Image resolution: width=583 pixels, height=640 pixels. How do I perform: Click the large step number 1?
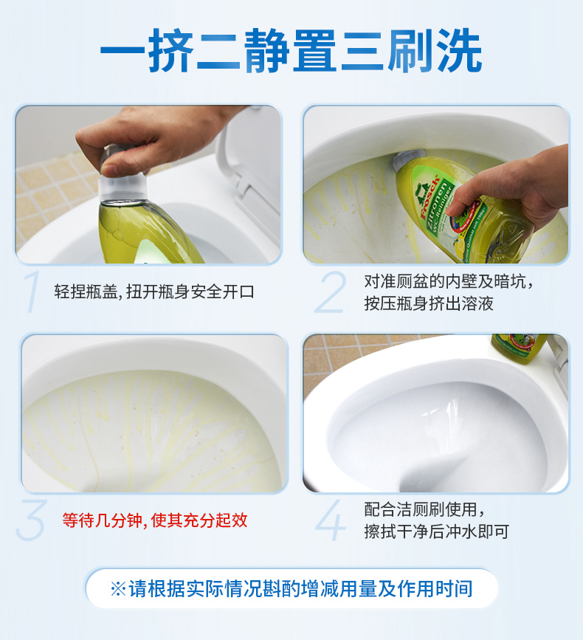click(32, 292)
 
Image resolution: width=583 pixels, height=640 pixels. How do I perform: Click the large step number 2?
click(331, 292)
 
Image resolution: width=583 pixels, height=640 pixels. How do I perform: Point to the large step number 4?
click(331, 520)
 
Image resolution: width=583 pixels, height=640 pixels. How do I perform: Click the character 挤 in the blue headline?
click(170, 51)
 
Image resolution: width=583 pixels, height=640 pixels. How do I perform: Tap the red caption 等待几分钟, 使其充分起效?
click(155, 520)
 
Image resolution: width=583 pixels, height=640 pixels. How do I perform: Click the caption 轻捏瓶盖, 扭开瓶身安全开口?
click(154, 292)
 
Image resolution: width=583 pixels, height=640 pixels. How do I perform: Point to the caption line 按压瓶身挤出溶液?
click(428, 303)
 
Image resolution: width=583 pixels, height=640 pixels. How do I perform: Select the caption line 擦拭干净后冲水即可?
click(437, 531)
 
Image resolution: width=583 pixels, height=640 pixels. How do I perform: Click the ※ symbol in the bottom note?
click(118, 588)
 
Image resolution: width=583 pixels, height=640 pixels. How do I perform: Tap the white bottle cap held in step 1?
click(123, 187)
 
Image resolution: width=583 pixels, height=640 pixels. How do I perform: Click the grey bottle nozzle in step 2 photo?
click(408, 160)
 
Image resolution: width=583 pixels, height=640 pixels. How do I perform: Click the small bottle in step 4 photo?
click(518, 348)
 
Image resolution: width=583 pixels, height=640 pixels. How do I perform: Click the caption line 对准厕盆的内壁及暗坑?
click(448, 281)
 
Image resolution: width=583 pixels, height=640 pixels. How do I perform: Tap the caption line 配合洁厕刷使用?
click(424, 509)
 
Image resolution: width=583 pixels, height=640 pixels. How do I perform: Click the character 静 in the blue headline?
click(267, 51)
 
